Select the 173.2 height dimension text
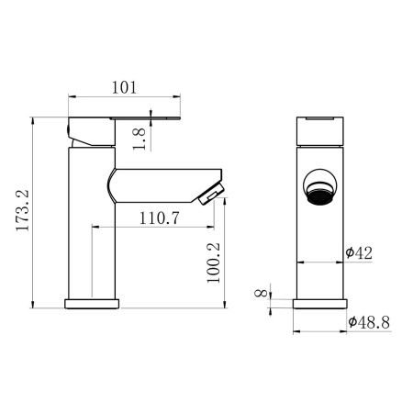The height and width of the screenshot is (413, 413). click(22, 213)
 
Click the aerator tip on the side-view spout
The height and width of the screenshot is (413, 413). click(213, 194)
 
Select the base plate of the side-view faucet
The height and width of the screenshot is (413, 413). click(93, 304)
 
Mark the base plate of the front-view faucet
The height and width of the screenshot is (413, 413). click(320, 304)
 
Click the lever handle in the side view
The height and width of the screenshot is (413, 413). click(128, 120)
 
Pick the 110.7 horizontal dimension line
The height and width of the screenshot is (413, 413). click(156, 229)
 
